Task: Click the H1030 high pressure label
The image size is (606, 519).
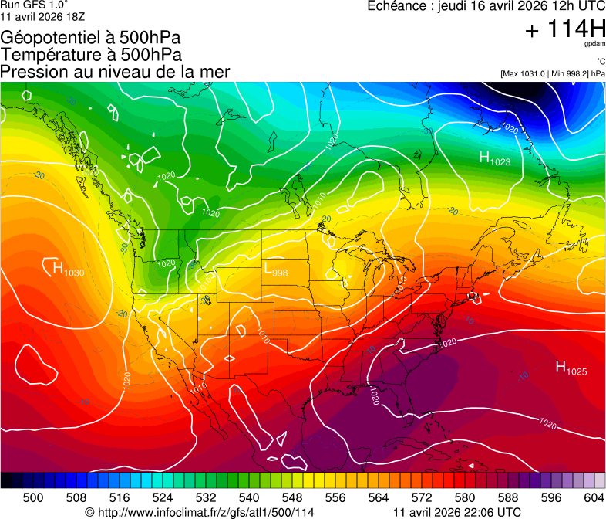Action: (x=67, y=270)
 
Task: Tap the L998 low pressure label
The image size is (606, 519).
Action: (x=275, y=270)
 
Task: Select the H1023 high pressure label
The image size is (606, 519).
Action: (x=494, y=158)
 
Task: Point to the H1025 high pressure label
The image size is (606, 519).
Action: (x=571, y=368)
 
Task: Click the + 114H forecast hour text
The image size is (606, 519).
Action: (x=564, y=30)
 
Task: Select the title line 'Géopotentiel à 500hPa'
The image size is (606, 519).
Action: (x=90, y=38)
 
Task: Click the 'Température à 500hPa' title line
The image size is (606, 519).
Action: (x=91, y=55)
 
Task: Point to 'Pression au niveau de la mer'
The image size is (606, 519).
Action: (x=115, y=72)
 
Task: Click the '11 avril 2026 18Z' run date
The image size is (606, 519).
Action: (x=43, y=16)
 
